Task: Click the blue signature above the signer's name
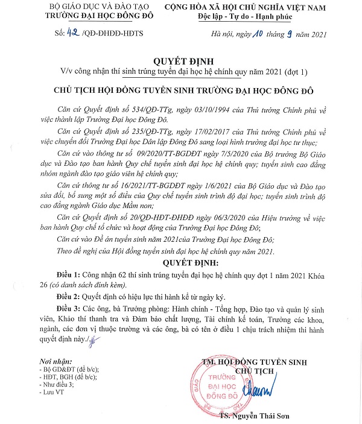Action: (272, 381)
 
